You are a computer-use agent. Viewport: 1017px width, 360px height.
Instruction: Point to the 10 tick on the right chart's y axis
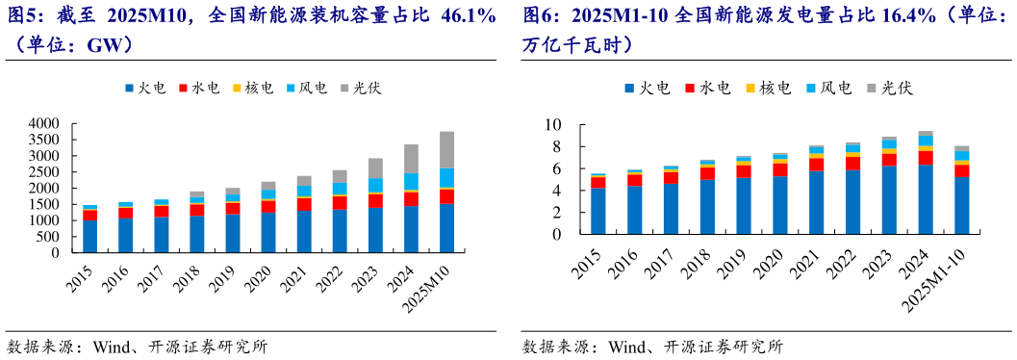(x=551, y=125)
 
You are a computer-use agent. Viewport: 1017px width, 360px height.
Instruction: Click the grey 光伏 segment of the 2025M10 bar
(x=447, y=150)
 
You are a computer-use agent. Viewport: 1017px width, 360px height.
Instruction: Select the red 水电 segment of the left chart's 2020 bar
(x=267, y=207)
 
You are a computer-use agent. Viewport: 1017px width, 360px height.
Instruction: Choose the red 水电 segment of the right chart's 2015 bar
(x=597, y=183)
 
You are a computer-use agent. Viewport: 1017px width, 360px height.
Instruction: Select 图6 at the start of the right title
(x=541, y=16)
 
